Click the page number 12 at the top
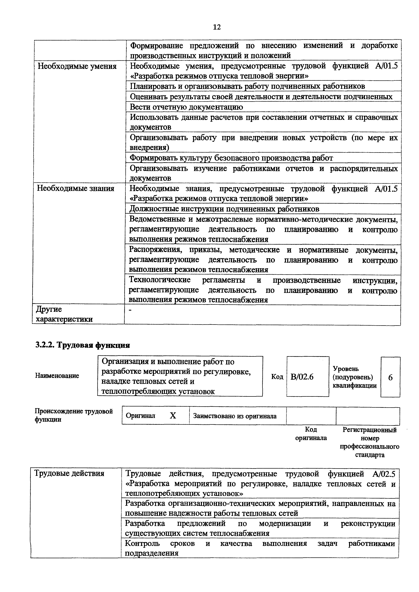click(x=217, y=27)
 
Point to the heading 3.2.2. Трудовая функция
click(x=83, y=345)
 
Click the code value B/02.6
click(x=302, y=377)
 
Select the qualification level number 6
click(x=390, y=377)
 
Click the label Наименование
click(x=57, y=376)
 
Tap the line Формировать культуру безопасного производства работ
click(x=231, y=158)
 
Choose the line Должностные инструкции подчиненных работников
click(x=224, y=209)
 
